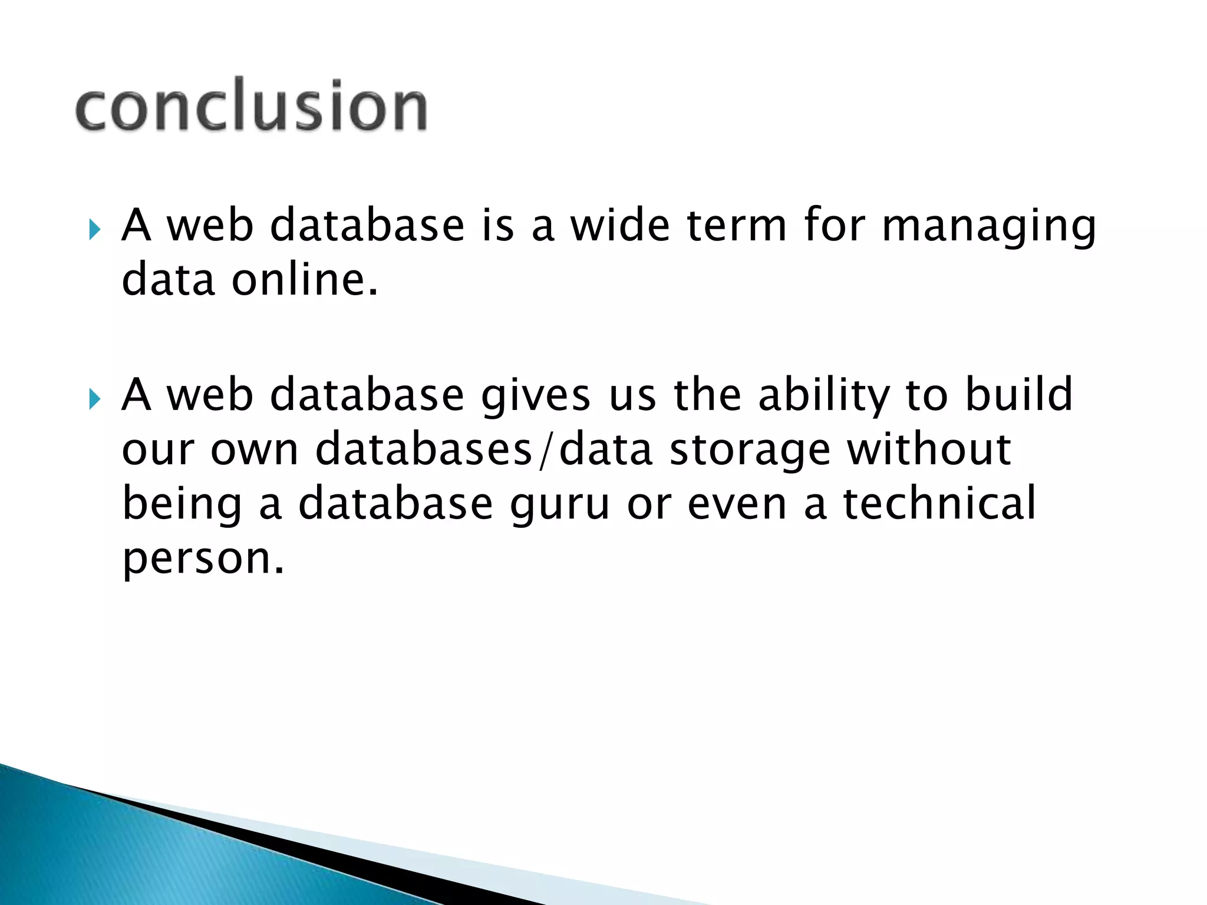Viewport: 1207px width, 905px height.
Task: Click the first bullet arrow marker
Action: (94, 229)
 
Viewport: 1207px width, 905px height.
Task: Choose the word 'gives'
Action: (535, 397)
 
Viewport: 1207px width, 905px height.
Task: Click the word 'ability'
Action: (824, 397)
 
